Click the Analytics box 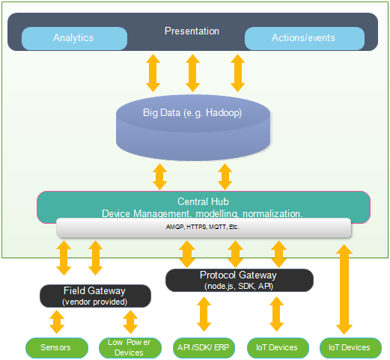(73, 37)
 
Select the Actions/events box (305, 37)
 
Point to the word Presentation (192, 31)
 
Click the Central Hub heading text (203, 201)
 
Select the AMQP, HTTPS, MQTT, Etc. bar (204, 227)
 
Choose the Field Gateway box (95, 296)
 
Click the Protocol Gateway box (239, 280)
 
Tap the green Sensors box (57, 347)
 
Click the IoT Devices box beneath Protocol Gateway (278, 347)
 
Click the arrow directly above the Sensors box (57, 322)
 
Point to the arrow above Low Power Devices (130, 322)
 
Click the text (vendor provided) (95, 302)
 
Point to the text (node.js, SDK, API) (239, 286)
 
